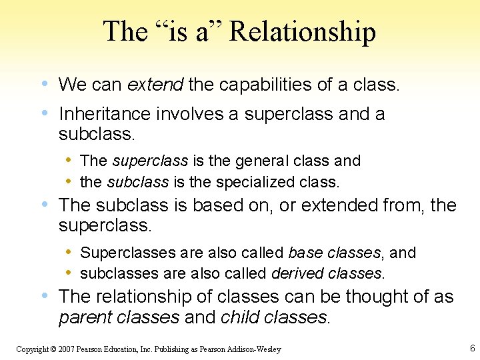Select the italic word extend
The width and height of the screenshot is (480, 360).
point(155,85)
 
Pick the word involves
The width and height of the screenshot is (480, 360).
point(190,114)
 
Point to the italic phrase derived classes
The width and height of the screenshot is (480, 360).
point(327,273)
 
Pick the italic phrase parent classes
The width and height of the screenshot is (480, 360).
point(119,317)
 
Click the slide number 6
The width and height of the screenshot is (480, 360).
point(472,348)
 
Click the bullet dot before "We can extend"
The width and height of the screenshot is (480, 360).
point(44,85)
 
